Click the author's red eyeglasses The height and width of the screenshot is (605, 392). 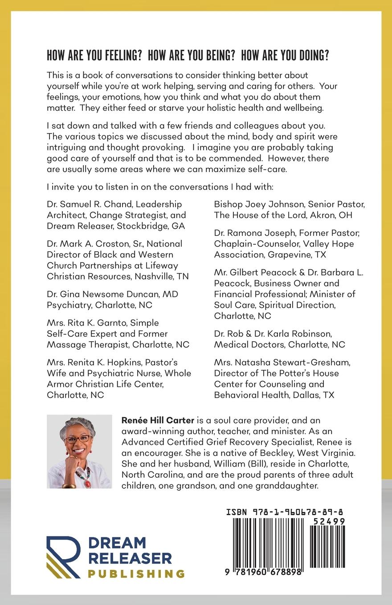pos(77,439)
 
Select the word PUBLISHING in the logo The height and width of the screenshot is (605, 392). pos(136,573)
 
